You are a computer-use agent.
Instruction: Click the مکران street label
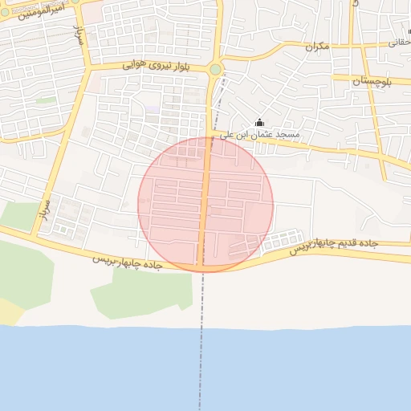(x=317, y=47)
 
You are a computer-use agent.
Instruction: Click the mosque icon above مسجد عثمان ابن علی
(x=259, y=123)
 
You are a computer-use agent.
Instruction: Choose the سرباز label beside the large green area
(x=45, y=210)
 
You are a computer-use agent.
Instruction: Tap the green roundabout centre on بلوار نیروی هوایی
(x=215, y=70)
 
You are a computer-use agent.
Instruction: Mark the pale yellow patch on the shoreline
(x=10, y=311)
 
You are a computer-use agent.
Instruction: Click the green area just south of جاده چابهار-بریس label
(x=140, y=293)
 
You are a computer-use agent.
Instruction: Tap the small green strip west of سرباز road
(x=46, y=100)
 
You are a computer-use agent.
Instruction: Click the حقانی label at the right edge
(x=400, y=43)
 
